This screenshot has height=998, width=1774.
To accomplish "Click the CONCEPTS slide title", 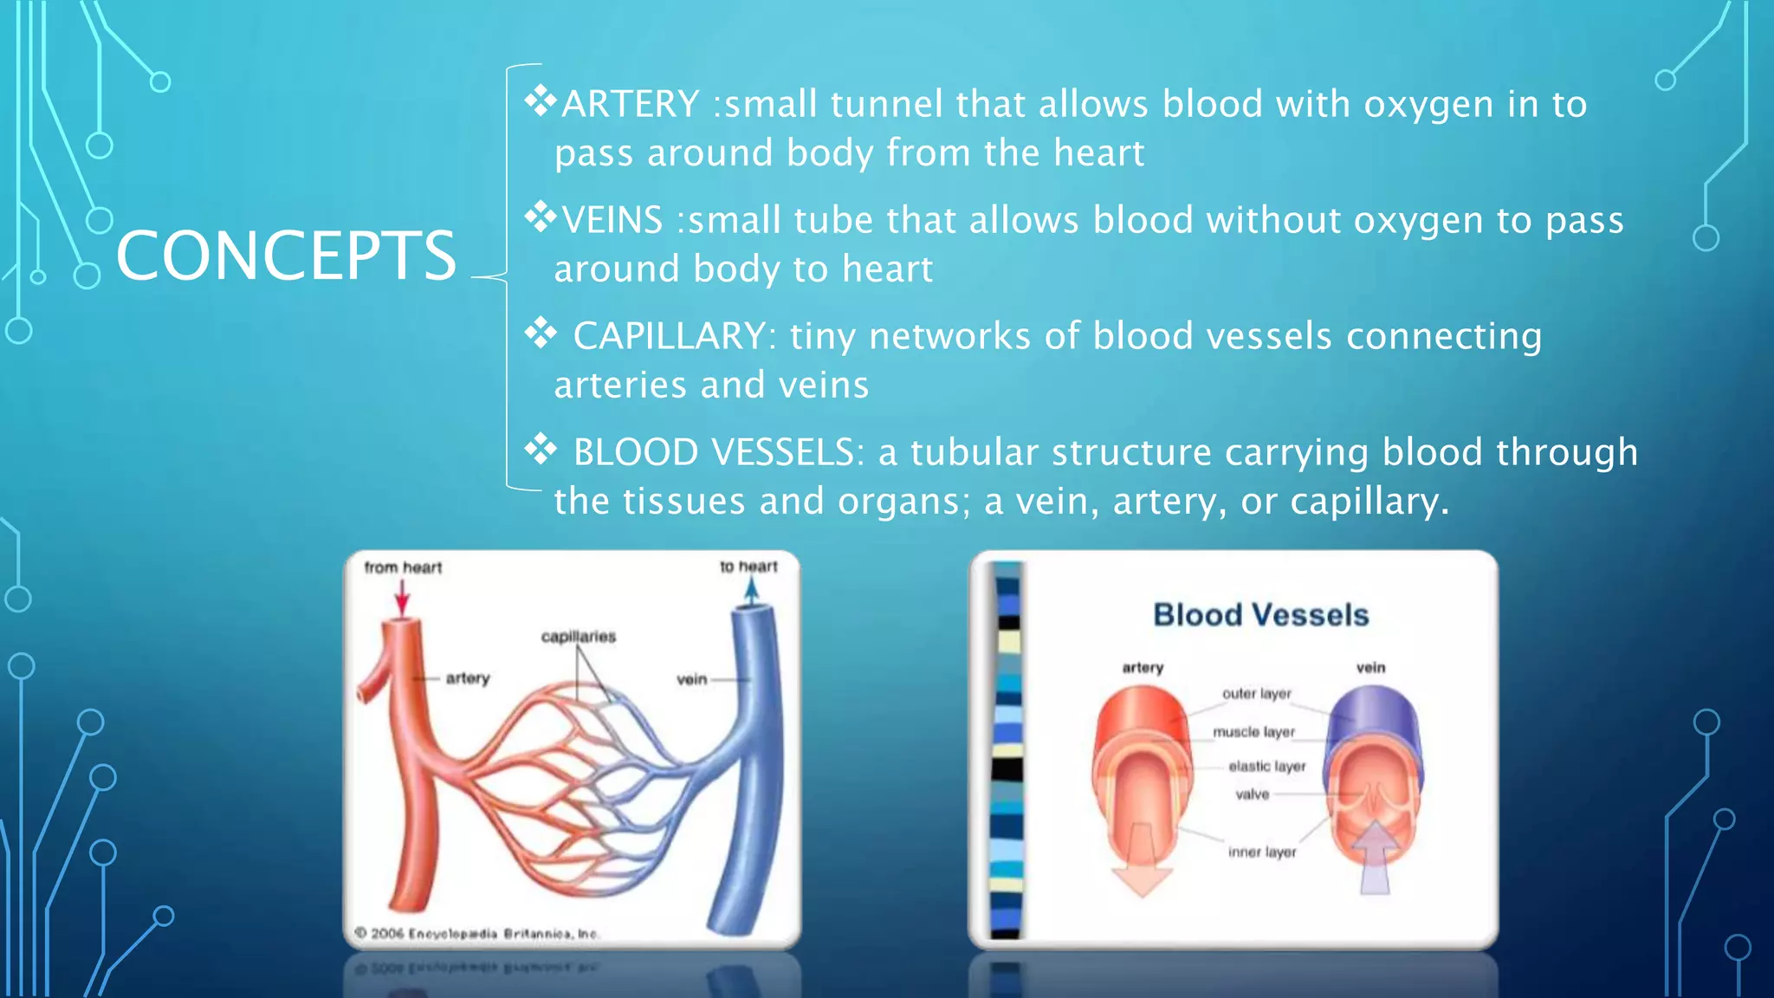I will tap(286, 256).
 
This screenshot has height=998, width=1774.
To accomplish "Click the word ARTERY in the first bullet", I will tap(631, 105).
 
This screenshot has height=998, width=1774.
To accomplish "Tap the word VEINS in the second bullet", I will tap(612, 220).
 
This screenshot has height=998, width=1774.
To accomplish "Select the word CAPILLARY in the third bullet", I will tap(670, 336).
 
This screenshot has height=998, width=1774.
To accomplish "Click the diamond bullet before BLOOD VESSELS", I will tap(541, 450).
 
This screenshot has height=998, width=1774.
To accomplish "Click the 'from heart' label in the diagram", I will tap(403, 567).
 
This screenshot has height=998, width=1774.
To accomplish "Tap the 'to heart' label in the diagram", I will tap(748, 567).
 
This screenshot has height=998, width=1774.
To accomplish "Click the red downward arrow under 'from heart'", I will tap(402, 598).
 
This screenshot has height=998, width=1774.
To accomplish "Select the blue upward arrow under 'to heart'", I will tap(751, 591).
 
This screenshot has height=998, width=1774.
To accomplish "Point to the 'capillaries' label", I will tap(578, 637).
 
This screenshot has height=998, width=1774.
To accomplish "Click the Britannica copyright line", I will tap(476, 934).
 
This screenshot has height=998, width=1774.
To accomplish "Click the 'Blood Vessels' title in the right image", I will tap(1260, 615).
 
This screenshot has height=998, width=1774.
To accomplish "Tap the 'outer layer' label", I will tap(1256, 694).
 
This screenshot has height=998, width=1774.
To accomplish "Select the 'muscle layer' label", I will tap(1253, 732).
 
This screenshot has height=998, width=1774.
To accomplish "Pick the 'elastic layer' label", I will tap(1266, 767).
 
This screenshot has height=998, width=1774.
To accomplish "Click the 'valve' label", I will tap(1252, 794).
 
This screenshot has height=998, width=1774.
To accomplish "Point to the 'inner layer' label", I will tap(1262, 852).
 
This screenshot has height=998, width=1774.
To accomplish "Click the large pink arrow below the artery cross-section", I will tap(1141, 866).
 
